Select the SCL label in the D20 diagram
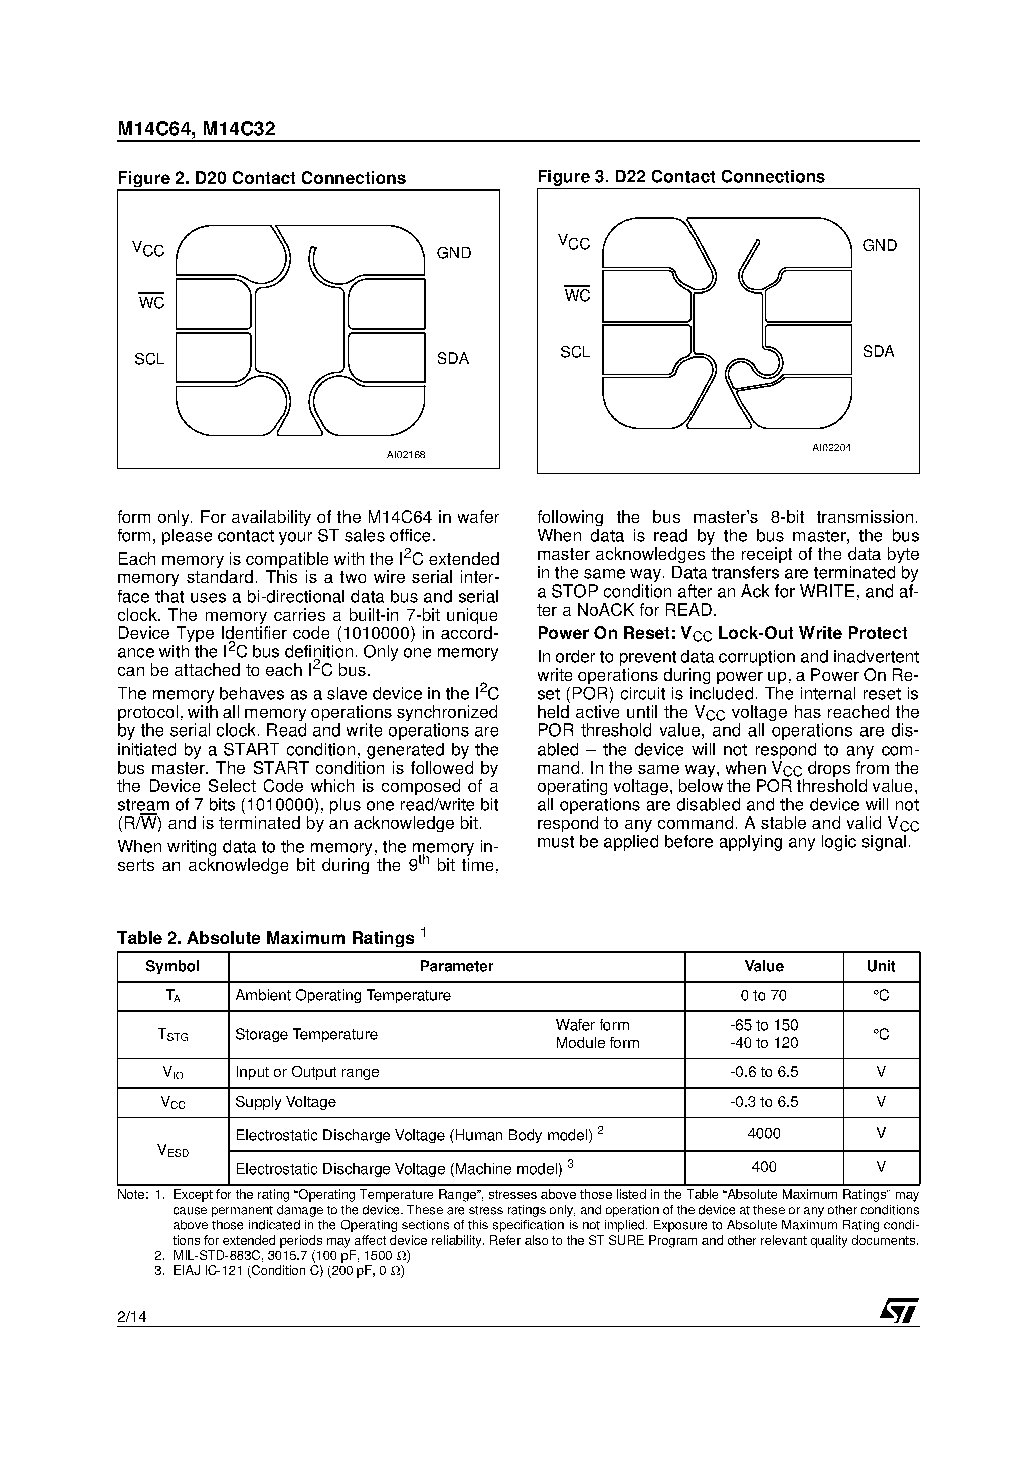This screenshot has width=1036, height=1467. (149, 359)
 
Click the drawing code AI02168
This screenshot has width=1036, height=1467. (406, 455)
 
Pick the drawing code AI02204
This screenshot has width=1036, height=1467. (831, 448)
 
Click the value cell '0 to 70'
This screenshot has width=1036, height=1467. (764, 995)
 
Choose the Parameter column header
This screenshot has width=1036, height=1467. (456, 966)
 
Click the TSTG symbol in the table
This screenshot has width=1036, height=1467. (173, 1035)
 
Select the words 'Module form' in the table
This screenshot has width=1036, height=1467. (597, 1043)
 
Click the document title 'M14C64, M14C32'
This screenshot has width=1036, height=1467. (196, 129)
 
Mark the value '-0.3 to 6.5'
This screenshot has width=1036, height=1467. (764, 1102)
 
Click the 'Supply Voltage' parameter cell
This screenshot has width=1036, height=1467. (285, 1102)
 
